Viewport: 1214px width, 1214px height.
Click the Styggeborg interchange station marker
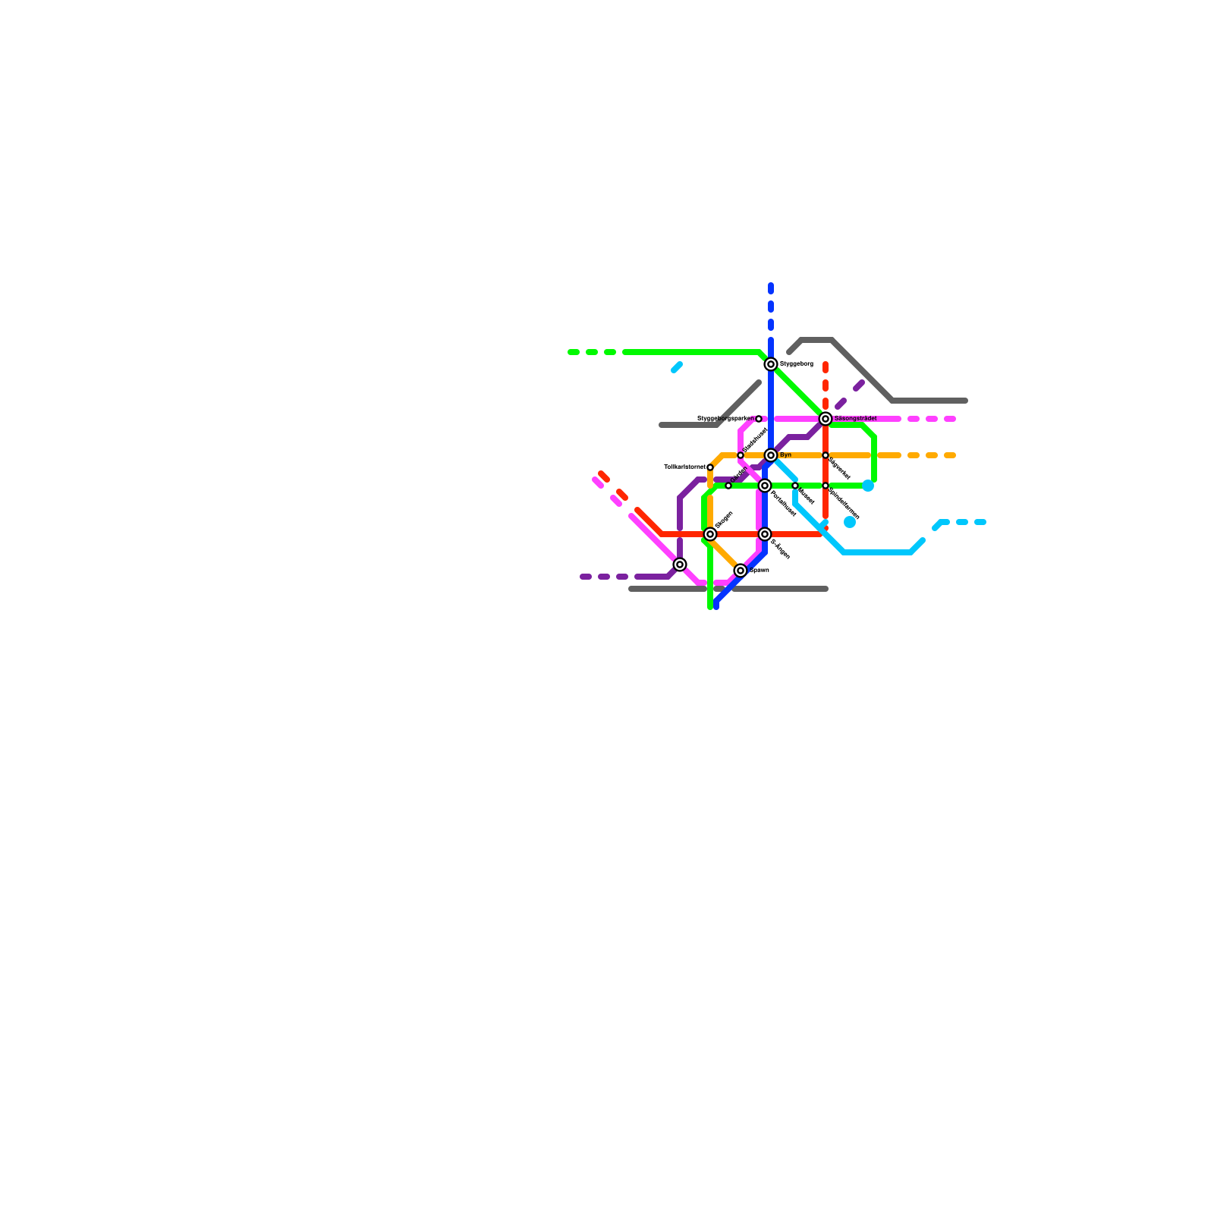tap(771, 364)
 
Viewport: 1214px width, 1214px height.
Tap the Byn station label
tap(785, 455)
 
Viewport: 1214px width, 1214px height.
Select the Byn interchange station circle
tap(771, 455)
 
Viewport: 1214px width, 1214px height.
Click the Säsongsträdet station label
tap(855, 419)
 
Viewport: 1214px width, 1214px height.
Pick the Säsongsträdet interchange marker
tap(826, 419)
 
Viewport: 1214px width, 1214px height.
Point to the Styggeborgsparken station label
tap(725, 419)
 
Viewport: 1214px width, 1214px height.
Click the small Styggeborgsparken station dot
tap(759, 419)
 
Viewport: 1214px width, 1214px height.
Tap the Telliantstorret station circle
tap(710, 467)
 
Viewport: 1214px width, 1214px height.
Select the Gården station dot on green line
tap(728, 486)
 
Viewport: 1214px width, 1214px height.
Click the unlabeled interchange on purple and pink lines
tap(680, 565)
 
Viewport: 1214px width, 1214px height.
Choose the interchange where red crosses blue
tap(765, 534)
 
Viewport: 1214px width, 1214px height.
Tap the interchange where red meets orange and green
tap(710, 534)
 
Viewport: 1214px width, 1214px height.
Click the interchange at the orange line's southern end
tap(741, 571)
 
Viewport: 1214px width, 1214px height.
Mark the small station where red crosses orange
tap(826, 455)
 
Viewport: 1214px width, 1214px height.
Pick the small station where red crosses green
tap(826, 486)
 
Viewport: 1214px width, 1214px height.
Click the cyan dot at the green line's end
tap(868, 486)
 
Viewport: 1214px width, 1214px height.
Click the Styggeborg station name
tap(796, 364)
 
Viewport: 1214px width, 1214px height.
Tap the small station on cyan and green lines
tap(795, 486)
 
